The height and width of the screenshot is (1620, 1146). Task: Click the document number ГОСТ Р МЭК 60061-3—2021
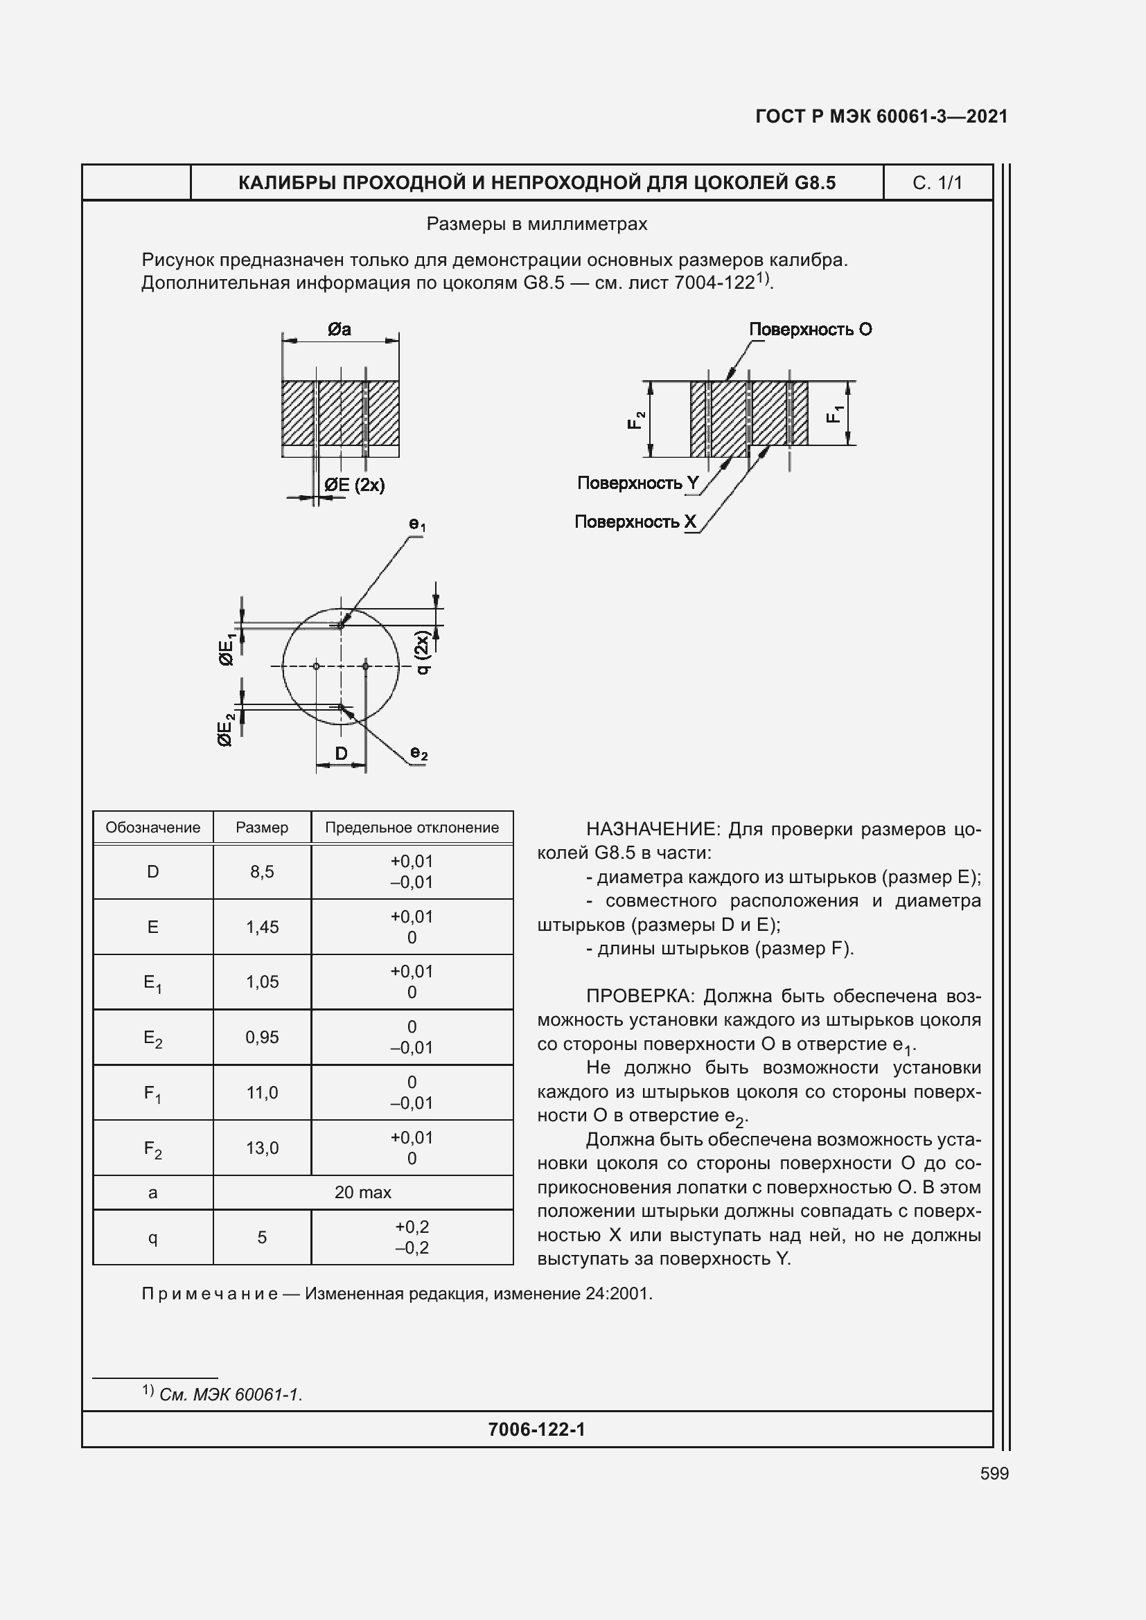(881, 116)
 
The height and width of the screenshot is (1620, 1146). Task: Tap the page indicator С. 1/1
(937, 183)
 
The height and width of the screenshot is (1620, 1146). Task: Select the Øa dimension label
(340, 330)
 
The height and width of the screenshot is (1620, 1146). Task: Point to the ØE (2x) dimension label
(354, 485)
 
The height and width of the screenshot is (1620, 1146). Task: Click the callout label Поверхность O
(810, 330)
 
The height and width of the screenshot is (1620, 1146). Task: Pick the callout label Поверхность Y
(637, 483)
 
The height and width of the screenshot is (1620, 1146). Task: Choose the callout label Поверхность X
(635, 522)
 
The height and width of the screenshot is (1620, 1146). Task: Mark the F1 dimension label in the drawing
(835, 413)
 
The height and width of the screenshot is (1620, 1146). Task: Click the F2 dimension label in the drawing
(637, 420)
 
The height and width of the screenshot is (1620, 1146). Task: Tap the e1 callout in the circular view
(417, 524)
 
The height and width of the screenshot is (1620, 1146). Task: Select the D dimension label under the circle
(341, 754)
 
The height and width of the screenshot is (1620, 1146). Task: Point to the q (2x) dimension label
(422, 652)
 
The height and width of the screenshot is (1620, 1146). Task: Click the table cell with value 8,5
(262, 871)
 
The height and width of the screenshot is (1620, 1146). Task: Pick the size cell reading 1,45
(262, 927)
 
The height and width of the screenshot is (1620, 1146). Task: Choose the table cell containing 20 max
(362, 1192)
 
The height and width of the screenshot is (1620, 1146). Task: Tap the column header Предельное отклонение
(412, 827)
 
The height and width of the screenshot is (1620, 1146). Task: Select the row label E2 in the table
(152, 1038)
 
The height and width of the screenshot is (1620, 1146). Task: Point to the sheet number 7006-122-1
(536, 1429)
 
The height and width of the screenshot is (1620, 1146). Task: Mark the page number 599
(994, 1473)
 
